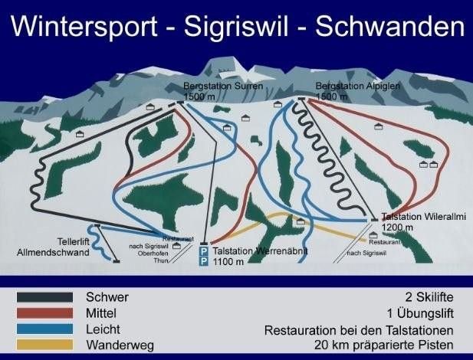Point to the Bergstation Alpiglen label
coord(347,85)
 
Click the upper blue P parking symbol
coord(203,250)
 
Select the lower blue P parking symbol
coord(203,261)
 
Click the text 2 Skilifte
coord(431,296)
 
